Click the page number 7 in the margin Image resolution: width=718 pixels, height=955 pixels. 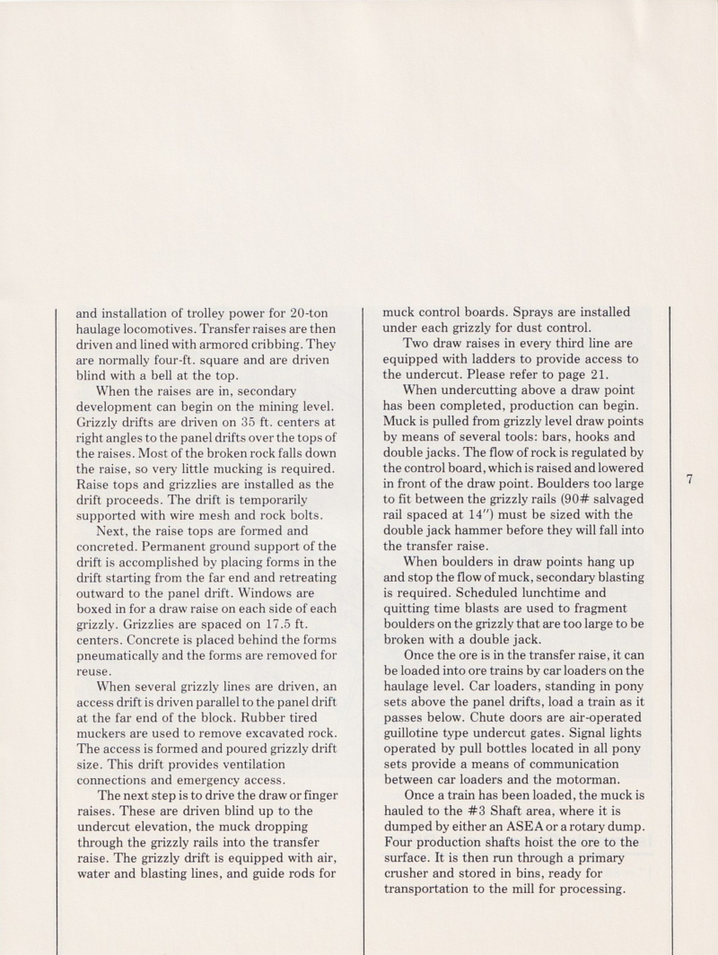689,480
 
